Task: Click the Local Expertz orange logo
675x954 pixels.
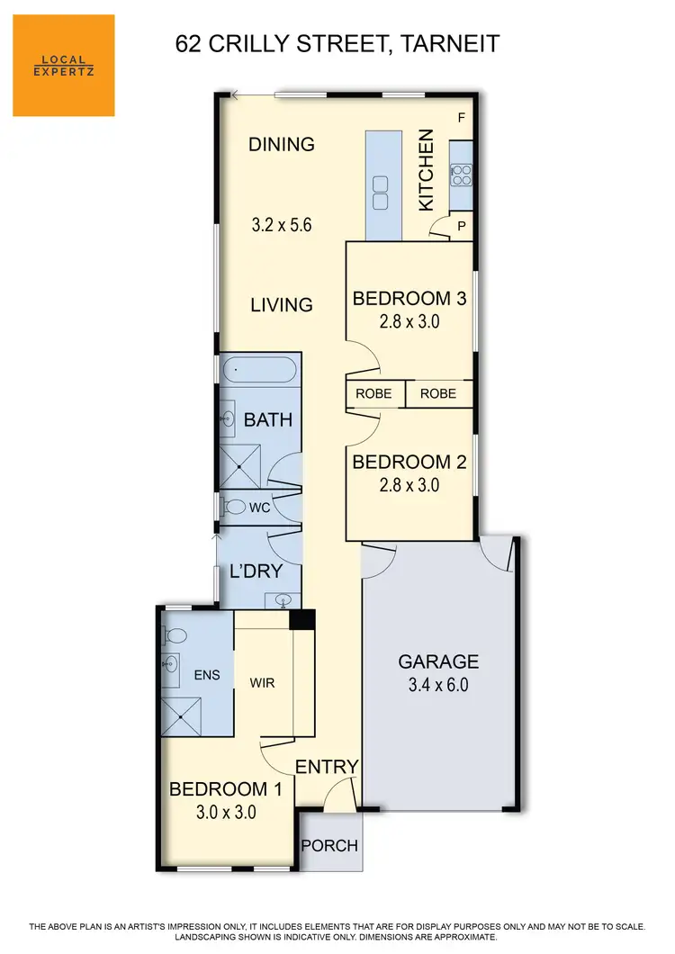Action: [63, 66]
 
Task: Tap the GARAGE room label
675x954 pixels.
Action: [438, 661]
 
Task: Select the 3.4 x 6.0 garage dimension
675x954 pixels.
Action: [438, 685]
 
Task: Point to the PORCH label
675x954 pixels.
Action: [329, 846]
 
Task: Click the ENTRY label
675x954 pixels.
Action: [327, 767]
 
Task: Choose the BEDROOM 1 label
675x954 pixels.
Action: [226, 789]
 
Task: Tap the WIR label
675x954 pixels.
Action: [262, 683]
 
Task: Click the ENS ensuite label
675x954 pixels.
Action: [206, 674]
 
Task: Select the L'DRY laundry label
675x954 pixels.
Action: [256, 571]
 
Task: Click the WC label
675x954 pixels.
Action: [259, 508]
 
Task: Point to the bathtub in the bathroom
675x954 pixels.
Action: [257, 369]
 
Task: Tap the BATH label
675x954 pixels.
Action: [268, 420]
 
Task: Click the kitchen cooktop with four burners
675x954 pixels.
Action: [461, 173]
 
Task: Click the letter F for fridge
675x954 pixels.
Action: [462, 119]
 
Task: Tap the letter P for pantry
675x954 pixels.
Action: [462, 227]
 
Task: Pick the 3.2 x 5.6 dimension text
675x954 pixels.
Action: [281, 226]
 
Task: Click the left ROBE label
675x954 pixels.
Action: [373, 393]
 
